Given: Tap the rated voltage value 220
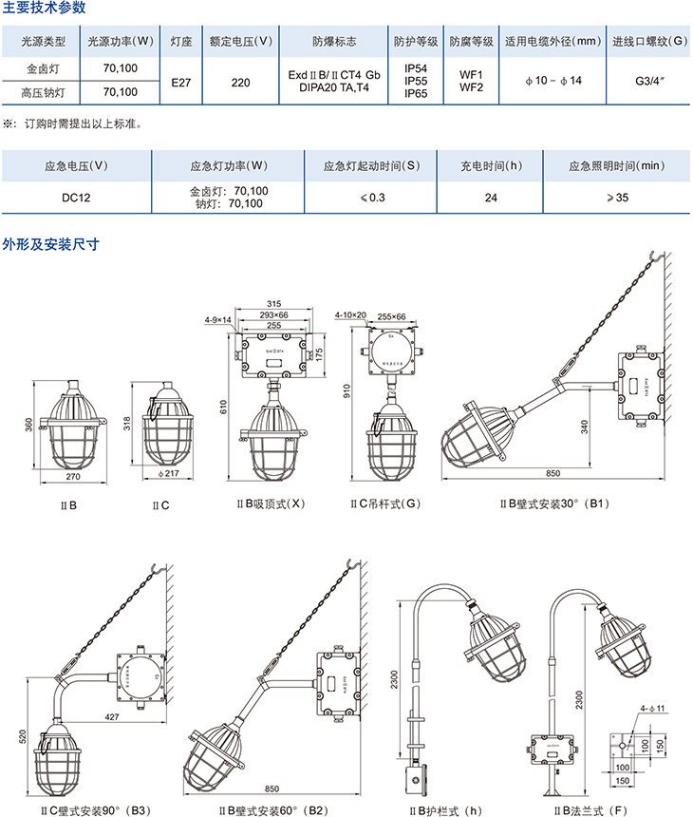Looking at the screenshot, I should coord(240,83).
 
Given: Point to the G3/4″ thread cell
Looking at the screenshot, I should coord(649,83).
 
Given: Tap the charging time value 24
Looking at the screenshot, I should coord(491,197).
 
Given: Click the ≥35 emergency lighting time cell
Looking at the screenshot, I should coord(617,197).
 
